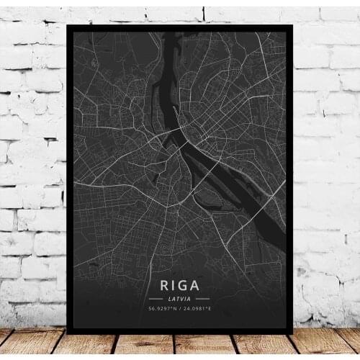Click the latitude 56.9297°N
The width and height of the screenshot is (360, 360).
click(163, 310)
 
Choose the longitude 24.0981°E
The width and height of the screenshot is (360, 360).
click(197, 310)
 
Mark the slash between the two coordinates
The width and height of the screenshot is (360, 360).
click(180, 310)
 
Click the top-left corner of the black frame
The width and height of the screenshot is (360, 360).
click(67, 25)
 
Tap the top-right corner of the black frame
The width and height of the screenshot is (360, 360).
click(292, 25)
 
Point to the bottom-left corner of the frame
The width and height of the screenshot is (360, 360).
click(67, 333)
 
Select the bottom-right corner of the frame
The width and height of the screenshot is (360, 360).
click(292, 333)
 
